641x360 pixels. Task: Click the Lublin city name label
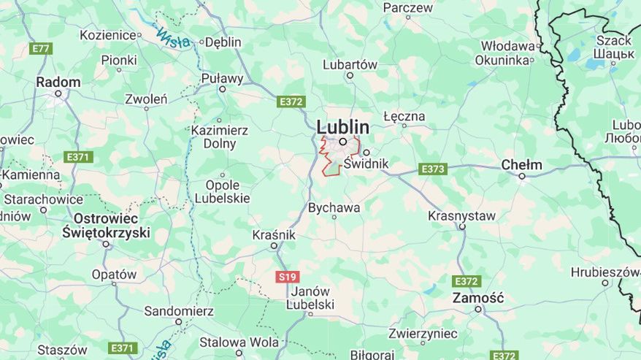[342, 126]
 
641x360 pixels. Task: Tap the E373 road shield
[433, 169]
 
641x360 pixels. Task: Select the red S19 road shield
[288, 277]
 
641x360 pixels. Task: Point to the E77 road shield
[41, 48]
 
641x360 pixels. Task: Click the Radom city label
[58, 82]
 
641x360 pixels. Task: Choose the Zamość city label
[478, 297]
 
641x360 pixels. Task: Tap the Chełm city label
[521, 164]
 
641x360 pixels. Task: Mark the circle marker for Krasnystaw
[461, 227]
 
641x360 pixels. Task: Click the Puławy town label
[222, 78]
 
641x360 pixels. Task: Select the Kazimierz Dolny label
[220, 137]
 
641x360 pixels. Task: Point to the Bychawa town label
[334, 207]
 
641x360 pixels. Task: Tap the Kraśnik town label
[274, 234]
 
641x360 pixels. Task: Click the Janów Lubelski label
[310, 298]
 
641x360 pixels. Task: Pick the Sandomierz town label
[179, 311]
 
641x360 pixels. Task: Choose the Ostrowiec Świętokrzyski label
[106, 225]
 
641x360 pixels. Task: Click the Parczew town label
[408, 8]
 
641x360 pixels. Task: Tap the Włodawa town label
[507, 46]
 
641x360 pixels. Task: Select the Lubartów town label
[350, 64]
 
